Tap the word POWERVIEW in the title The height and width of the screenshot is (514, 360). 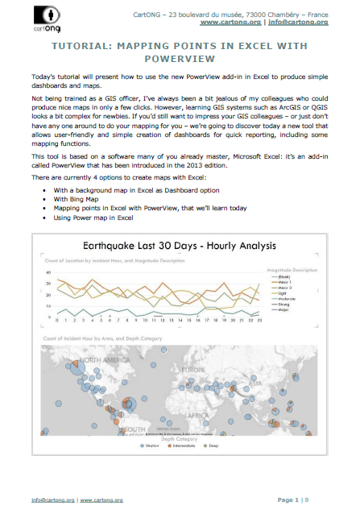pyautogui.click(x=180, y=58)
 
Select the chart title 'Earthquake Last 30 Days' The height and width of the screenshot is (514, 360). pyautogui.click(x=141, y=247)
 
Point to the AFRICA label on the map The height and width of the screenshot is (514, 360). pyautogui.click(x=197, y=416)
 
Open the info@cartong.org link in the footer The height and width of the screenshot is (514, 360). pyautogui.click(x=49, y=501)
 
